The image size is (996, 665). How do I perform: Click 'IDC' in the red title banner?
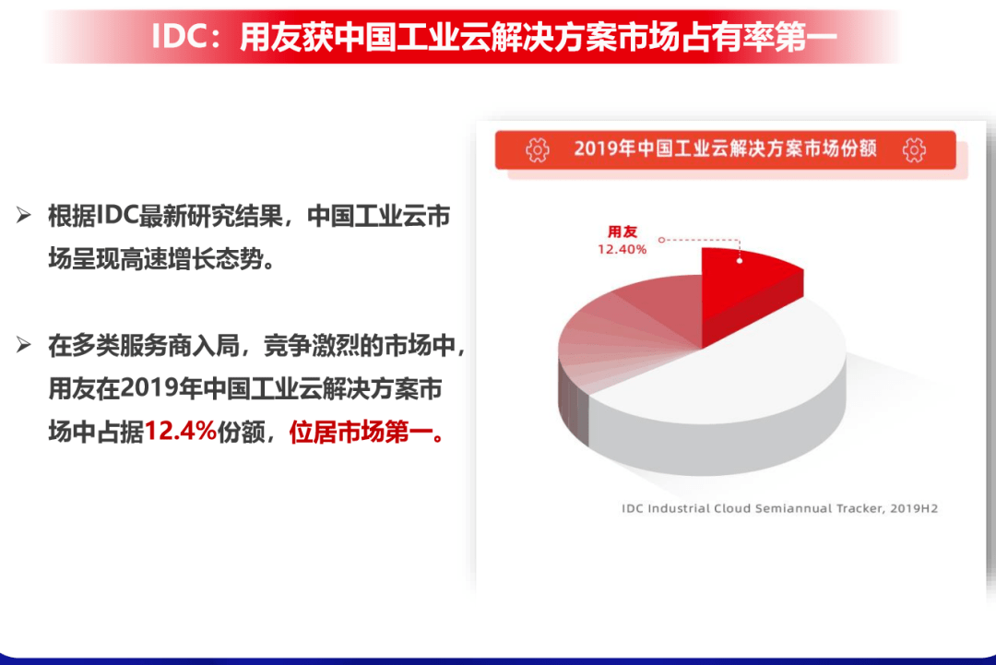coord(180,36)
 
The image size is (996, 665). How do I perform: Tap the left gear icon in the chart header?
coord(538,150)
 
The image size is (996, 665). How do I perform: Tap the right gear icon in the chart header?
coord(914,150)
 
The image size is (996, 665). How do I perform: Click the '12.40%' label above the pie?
coord(622,249)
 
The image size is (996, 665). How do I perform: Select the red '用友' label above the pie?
coord(622,232)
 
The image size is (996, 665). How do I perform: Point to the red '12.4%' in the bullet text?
coord(181,432)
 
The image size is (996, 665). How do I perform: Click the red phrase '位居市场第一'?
coord(361,433)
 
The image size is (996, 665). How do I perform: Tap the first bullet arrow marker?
coord(23,215)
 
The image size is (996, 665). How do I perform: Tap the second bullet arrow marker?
coord(23,345)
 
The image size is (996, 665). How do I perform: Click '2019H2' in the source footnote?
coord(914,508)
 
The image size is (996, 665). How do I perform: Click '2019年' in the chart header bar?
coord(605,148)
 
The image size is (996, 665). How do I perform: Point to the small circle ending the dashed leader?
coord(661,240)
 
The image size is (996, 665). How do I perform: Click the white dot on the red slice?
coord(740,260)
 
